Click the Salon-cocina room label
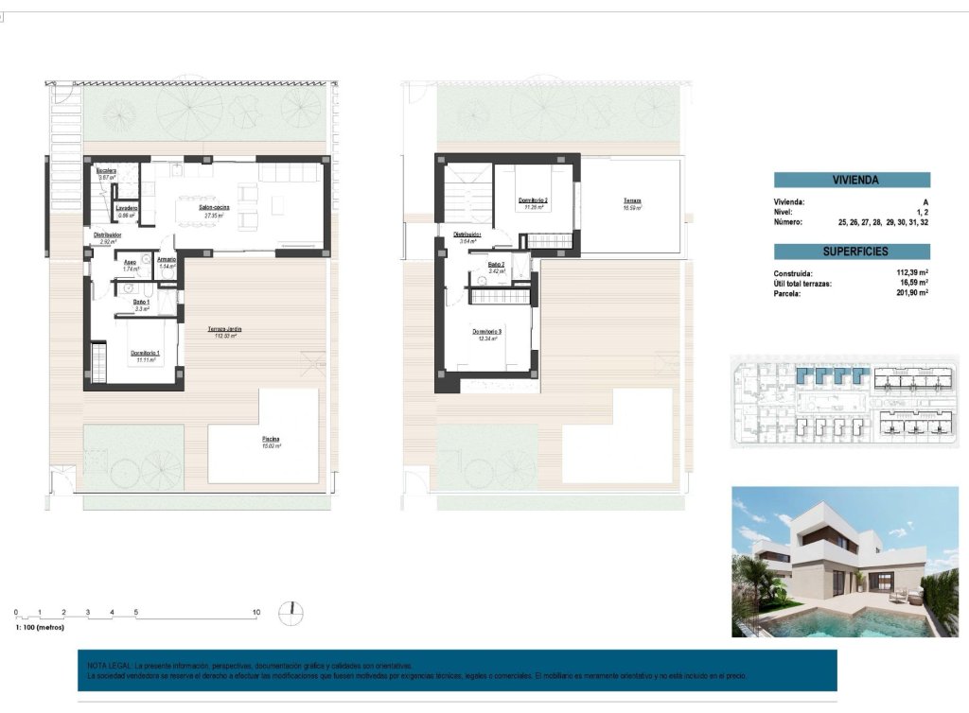point(219,210)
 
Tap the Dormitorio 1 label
point(145,354)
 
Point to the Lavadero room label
point(127,208)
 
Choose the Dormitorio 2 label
point(533,201)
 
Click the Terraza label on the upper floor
point(631,202)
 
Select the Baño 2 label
point(497,265)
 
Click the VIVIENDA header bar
point(852,180)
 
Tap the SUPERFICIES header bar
point(852,252)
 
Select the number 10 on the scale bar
point(255,613)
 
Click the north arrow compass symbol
point(291,614)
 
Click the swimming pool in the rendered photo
point(823,623)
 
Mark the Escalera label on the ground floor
point(106,171)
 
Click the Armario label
point(167,259)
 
